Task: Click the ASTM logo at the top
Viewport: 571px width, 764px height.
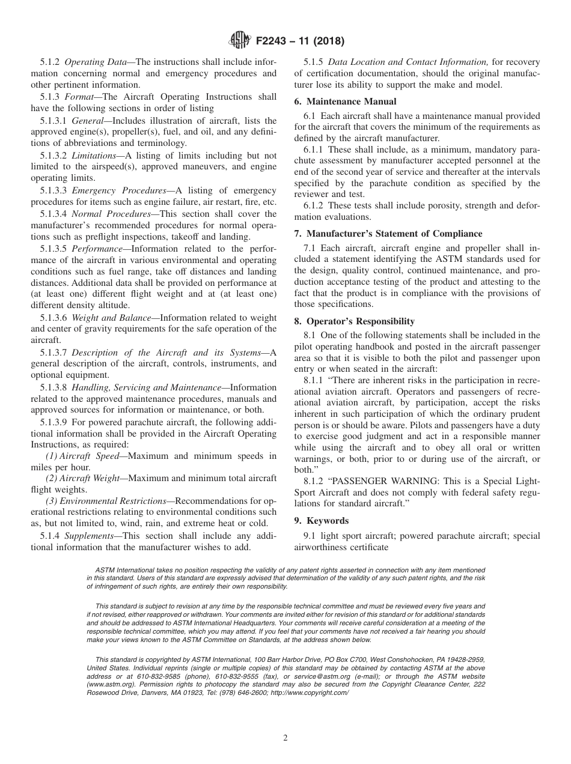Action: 240,41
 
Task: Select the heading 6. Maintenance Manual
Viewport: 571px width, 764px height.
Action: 345,102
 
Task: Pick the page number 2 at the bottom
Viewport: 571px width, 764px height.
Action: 285,738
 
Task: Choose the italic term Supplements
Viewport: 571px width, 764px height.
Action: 89,536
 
